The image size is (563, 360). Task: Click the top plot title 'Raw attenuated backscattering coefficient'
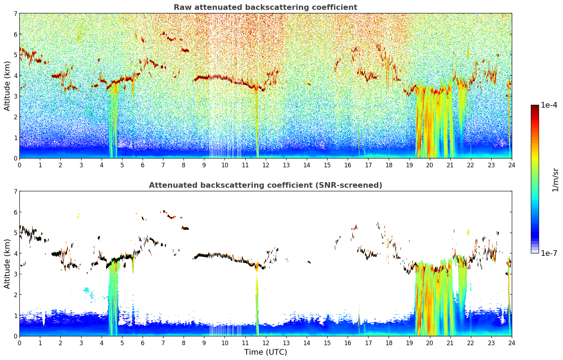point(265,7)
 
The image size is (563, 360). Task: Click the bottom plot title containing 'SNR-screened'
point(265,185)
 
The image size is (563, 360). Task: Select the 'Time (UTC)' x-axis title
point(265,352)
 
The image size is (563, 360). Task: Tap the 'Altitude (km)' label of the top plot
point(7,86)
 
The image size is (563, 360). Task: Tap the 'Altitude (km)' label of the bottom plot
point(7,264)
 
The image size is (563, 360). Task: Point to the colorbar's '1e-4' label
point(549,105)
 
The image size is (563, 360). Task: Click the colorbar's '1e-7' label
point(549,253)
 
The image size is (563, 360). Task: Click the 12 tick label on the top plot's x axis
point(266,165)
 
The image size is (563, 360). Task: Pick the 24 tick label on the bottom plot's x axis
point(512,343)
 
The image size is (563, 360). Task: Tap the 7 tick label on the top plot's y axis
point(15,13)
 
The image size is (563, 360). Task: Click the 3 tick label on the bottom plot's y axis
point(15,274)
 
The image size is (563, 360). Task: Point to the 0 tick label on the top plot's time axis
point(20,165)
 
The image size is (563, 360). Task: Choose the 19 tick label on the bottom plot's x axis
point(409,343)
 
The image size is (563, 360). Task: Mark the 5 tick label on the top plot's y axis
point(15,55)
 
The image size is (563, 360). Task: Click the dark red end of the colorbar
point(535,106)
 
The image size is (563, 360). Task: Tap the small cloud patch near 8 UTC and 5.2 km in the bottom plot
point(185,228)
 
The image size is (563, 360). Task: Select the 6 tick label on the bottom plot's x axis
point(143,343)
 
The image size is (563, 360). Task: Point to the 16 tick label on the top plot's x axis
point(348,165)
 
